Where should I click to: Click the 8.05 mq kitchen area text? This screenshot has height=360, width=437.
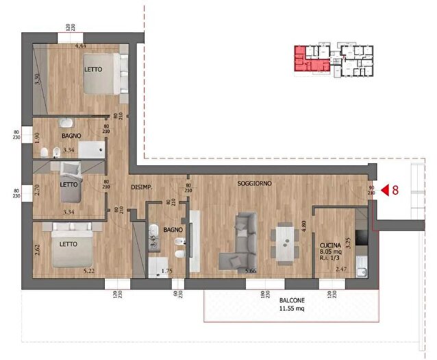pos(332,252)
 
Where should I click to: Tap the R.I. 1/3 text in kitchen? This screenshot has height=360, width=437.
pos(332,259)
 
